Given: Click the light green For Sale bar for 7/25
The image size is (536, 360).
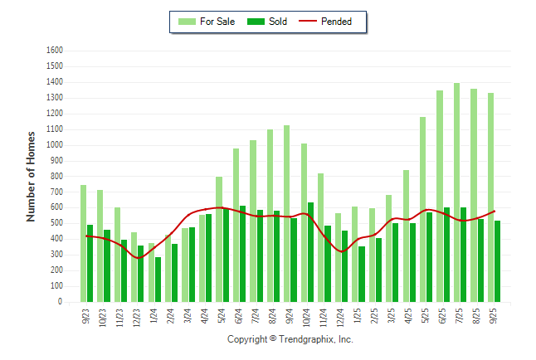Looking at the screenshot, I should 456,192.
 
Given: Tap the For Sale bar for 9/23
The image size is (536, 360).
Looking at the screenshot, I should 83,244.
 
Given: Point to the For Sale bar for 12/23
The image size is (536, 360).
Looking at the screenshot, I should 134,267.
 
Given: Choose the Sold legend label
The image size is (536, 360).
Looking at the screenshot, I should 278,22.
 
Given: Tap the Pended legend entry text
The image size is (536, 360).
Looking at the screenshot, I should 336,22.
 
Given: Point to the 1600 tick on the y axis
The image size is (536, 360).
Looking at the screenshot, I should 55,50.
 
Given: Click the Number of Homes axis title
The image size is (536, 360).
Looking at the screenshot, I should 31,176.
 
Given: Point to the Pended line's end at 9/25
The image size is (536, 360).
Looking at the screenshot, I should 495,211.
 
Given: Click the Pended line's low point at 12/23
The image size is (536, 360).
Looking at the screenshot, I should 138,258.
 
